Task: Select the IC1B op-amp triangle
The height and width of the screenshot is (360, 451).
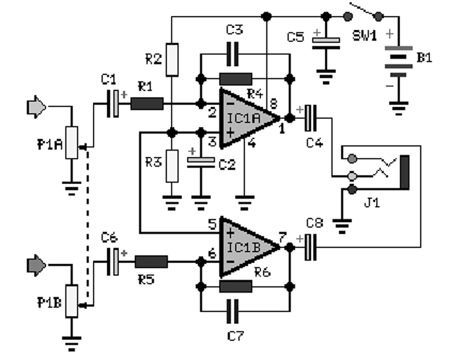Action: pos(244,247)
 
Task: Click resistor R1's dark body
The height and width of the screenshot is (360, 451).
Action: pos(147,104)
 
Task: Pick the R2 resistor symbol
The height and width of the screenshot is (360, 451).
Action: pos(172,57)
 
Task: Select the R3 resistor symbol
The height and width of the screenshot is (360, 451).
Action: pos(172,166)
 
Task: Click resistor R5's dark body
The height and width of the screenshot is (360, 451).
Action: pos(151,262)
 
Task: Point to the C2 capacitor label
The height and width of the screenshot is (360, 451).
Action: pos(226,165)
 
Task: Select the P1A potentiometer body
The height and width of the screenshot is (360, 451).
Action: pos(71,143)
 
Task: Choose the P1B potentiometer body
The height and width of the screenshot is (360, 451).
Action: pos(71,301)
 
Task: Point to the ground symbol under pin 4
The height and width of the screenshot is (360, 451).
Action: pos(245,202)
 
